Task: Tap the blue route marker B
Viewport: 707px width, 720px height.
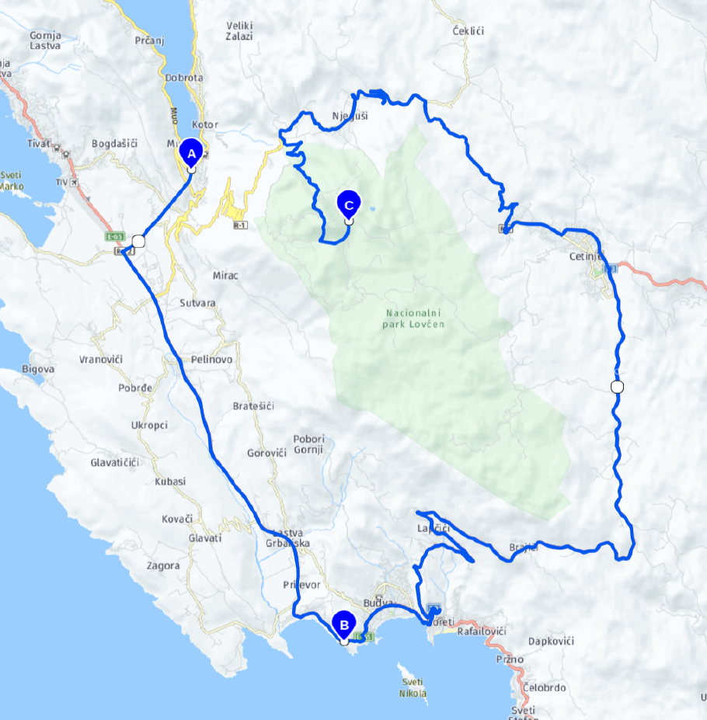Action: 343,624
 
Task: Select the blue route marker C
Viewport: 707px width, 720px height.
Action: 349,204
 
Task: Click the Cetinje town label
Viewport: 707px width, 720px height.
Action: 582,256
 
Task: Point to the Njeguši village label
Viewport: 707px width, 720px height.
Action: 350,117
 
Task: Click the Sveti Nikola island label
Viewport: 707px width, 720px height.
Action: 413,687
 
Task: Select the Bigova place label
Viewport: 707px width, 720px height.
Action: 38,369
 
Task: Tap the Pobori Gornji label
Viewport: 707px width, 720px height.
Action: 309,444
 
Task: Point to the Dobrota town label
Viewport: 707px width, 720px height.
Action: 184,78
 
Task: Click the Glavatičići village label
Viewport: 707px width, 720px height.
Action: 114,463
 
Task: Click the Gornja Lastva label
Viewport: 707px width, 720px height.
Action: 45,40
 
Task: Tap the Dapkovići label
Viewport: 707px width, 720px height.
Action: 550,642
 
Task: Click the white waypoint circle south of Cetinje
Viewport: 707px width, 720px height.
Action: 617,387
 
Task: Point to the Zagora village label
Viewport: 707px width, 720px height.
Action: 164,566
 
